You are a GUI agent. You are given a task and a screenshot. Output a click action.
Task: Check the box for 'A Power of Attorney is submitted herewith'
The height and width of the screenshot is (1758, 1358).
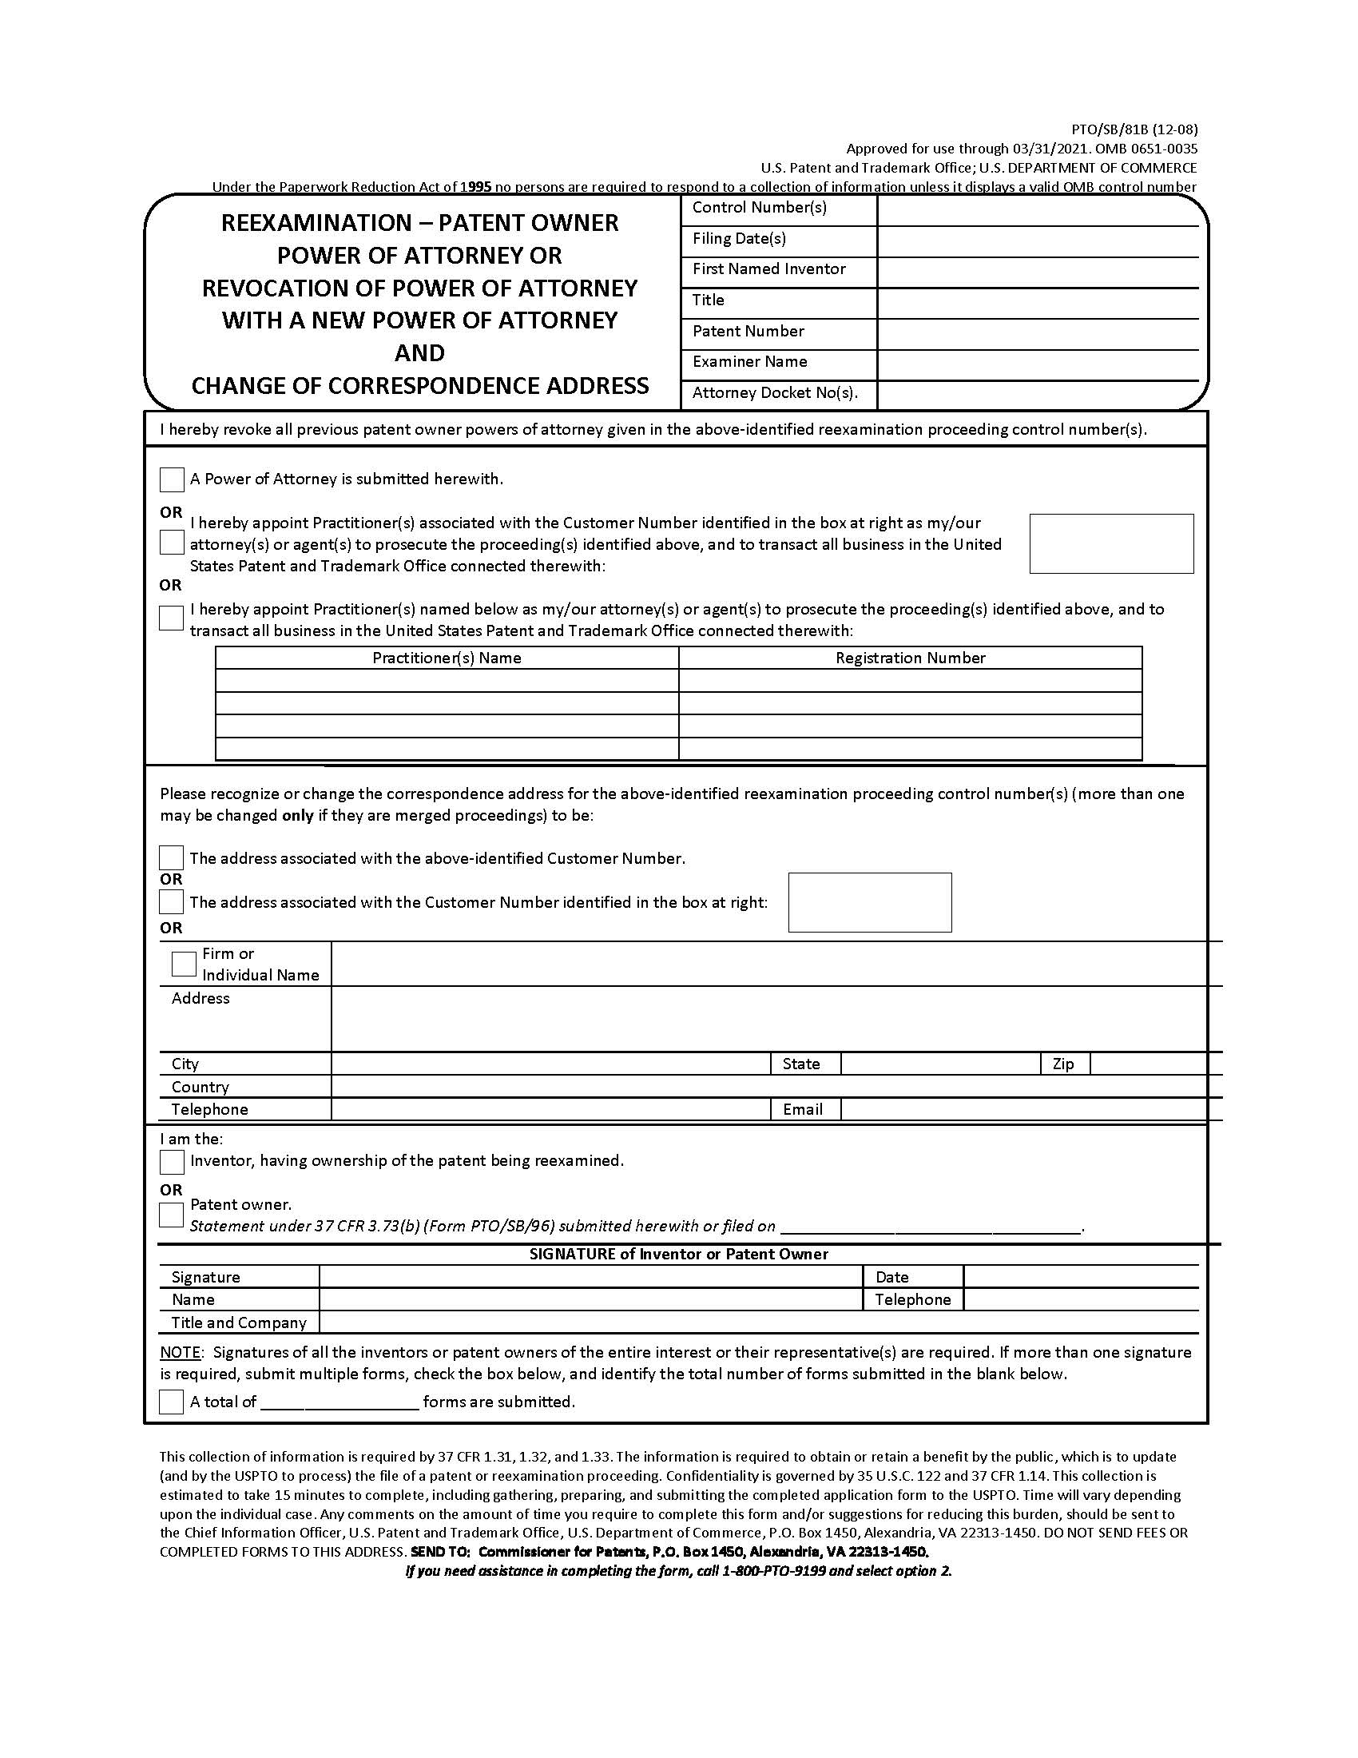[172, 479]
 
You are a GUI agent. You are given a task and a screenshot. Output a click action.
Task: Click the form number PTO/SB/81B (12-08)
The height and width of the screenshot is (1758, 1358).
[1134, 129]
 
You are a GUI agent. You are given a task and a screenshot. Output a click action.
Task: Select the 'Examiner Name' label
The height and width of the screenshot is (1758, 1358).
[749, 361]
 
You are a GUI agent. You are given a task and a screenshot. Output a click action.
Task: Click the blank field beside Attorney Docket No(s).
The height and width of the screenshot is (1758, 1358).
[1038, 394]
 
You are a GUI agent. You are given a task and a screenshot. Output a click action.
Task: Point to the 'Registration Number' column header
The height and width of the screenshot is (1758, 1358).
[910, 658]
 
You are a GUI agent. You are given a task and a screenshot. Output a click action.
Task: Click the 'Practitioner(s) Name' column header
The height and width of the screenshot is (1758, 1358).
[447, 658]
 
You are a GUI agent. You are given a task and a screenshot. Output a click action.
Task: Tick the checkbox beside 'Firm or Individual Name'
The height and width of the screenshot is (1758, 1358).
[184, 964]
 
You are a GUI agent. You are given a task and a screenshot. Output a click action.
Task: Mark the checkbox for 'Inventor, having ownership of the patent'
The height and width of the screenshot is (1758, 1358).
[172, 1162]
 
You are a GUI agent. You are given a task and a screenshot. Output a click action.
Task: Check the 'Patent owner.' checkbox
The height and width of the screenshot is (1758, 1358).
[172, 1215]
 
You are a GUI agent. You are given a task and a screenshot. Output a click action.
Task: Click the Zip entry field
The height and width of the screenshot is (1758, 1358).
[1148, 1064]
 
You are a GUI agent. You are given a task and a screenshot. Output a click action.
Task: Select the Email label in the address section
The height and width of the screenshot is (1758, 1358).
[802, 1109]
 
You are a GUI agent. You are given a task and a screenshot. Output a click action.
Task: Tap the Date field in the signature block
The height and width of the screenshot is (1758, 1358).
[1080, 1277]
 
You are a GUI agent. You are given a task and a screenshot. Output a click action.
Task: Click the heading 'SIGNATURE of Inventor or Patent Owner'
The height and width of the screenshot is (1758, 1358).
[678, 1254]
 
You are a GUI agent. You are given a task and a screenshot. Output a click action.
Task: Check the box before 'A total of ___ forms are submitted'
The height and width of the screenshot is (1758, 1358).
[172, 1402]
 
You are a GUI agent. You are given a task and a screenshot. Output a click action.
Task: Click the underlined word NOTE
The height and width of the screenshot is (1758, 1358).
[181, 1352]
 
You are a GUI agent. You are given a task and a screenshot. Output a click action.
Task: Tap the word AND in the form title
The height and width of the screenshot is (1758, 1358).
[419, 352]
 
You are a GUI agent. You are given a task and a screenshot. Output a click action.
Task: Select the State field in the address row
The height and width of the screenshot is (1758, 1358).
[939, 1064]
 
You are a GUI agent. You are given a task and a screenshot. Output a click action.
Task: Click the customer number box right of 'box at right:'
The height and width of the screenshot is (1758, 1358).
[870, 902]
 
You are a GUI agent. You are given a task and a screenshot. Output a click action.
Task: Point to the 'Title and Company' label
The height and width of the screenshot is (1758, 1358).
[238, 1322]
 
